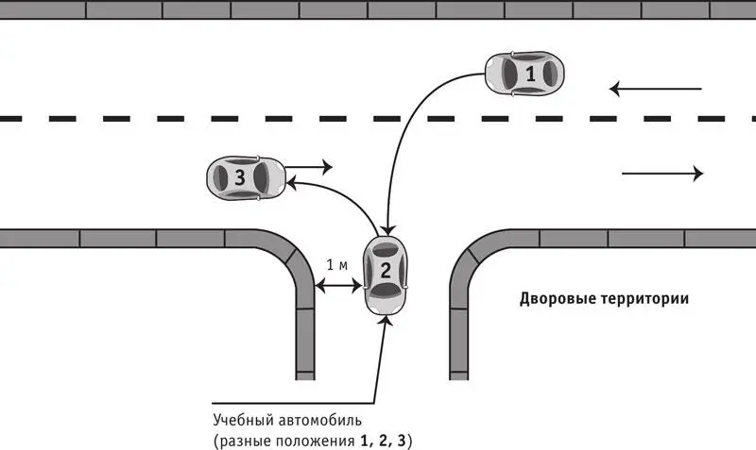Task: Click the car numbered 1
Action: (524, 74)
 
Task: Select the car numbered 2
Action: (386, 275)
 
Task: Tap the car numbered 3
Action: (246, 177)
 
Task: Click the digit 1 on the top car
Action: (530, 75)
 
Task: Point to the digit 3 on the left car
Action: (240, 177)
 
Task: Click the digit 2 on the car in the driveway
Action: (386, 271)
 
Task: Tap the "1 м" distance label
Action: (337, 265)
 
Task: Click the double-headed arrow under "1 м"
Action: (338, 287)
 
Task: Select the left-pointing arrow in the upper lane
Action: (655, 89)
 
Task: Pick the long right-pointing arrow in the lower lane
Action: (662, 174)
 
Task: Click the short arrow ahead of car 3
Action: (309, 167)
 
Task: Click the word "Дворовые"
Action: (558, 299)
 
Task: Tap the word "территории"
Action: (645, 299)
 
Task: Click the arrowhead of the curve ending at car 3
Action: (292, 183)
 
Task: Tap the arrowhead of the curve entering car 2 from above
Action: (387, 230)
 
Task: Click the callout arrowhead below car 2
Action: (386, 321)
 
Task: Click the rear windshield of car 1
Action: (550, 74)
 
